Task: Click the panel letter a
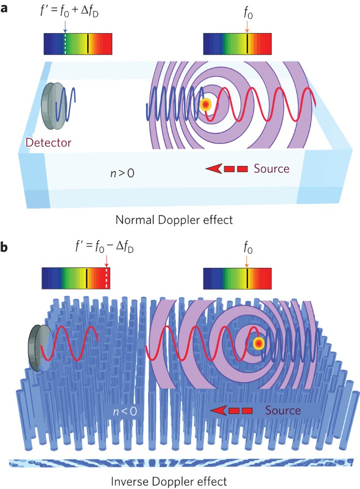tap(7, 9)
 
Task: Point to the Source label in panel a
tap(271, 169)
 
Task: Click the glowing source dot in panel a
tap(205, 105)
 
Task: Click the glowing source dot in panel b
tap(258, 343)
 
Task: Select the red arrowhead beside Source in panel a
tap(212, 169)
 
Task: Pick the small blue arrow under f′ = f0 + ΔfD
tap(65, 26)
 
